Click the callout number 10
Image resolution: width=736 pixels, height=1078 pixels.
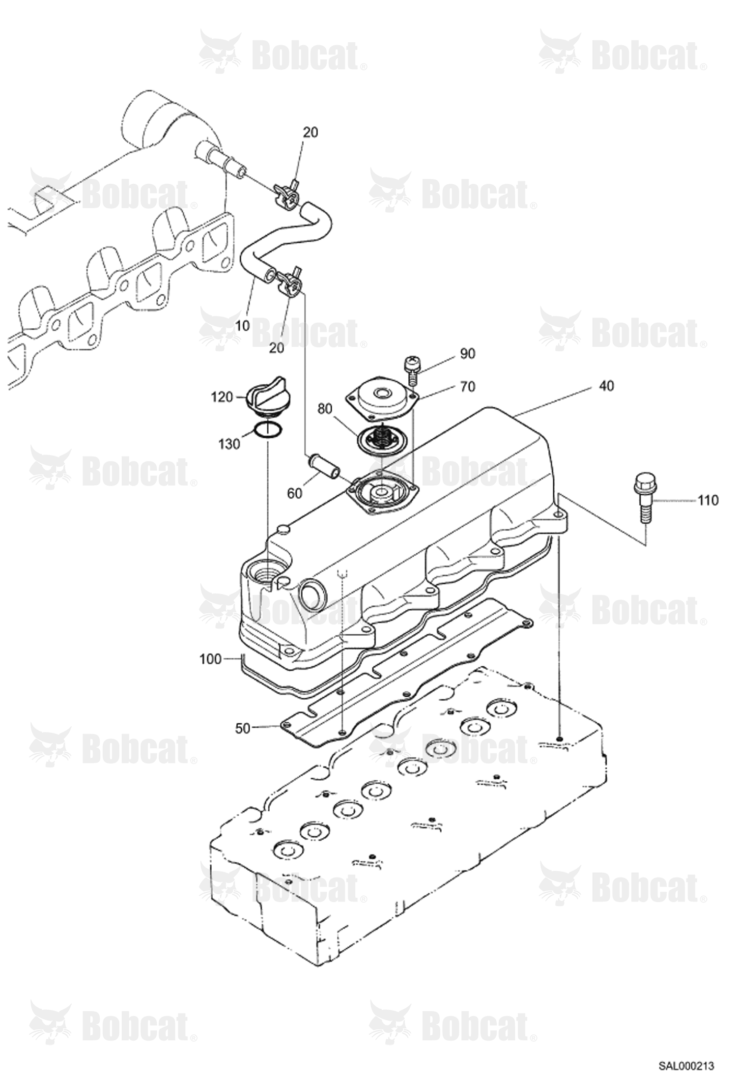tap(243, 325)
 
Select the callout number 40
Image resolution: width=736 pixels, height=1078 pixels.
tap(607, 386)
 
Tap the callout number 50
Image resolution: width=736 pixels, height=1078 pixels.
tap(243, 728)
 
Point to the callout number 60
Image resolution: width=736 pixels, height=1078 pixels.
tap(295, 493)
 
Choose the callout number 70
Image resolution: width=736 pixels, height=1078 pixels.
tap(468, 387)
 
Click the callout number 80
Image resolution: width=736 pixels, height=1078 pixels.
tap(325, 409)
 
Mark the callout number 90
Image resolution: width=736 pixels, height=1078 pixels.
tap(468, 353)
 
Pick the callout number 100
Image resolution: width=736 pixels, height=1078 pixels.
tap(211, 659)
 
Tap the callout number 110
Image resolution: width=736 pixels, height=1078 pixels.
tap(708, 500)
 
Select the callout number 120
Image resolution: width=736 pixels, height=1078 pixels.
tap(222, 397)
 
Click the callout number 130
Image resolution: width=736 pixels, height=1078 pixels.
tap(229, 444)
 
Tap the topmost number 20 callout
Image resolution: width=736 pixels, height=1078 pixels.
tap(310, 132)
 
